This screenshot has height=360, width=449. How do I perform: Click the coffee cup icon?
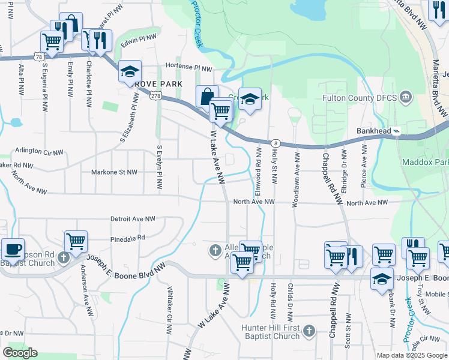pos(13,249)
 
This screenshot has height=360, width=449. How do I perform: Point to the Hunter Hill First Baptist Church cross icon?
pos(309,331)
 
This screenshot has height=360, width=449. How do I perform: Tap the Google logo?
pos(20,353)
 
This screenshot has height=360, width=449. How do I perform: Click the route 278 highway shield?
pos(155,97)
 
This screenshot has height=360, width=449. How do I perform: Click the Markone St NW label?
pos(114,172)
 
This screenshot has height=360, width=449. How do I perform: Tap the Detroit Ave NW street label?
pos(133,220)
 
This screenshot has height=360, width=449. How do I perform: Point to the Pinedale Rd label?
pos(128,238)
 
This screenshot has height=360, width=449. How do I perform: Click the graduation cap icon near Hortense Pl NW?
pos(130,72)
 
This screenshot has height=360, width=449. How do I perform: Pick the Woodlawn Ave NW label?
pos(295,179)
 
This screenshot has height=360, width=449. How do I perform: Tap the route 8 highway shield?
pos(276,143)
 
